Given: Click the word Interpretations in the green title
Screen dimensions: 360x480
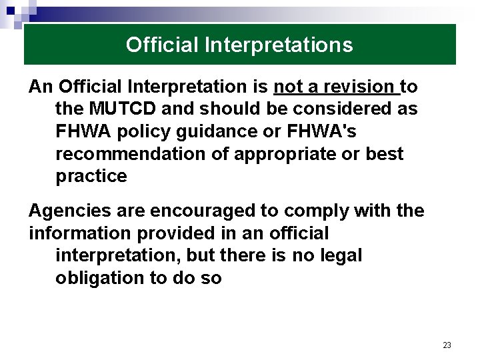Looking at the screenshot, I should [x=279, y=45].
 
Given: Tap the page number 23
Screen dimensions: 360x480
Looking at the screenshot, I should [x=447, y=345].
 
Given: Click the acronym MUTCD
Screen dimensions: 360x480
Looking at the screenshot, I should [x=125, y=109].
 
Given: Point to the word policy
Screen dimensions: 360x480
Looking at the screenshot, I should [x=146, y=131].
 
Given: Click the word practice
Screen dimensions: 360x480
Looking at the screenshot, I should [x=91, y=176].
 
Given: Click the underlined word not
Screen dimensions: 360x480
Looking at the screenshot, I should [x=288, y=87].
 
